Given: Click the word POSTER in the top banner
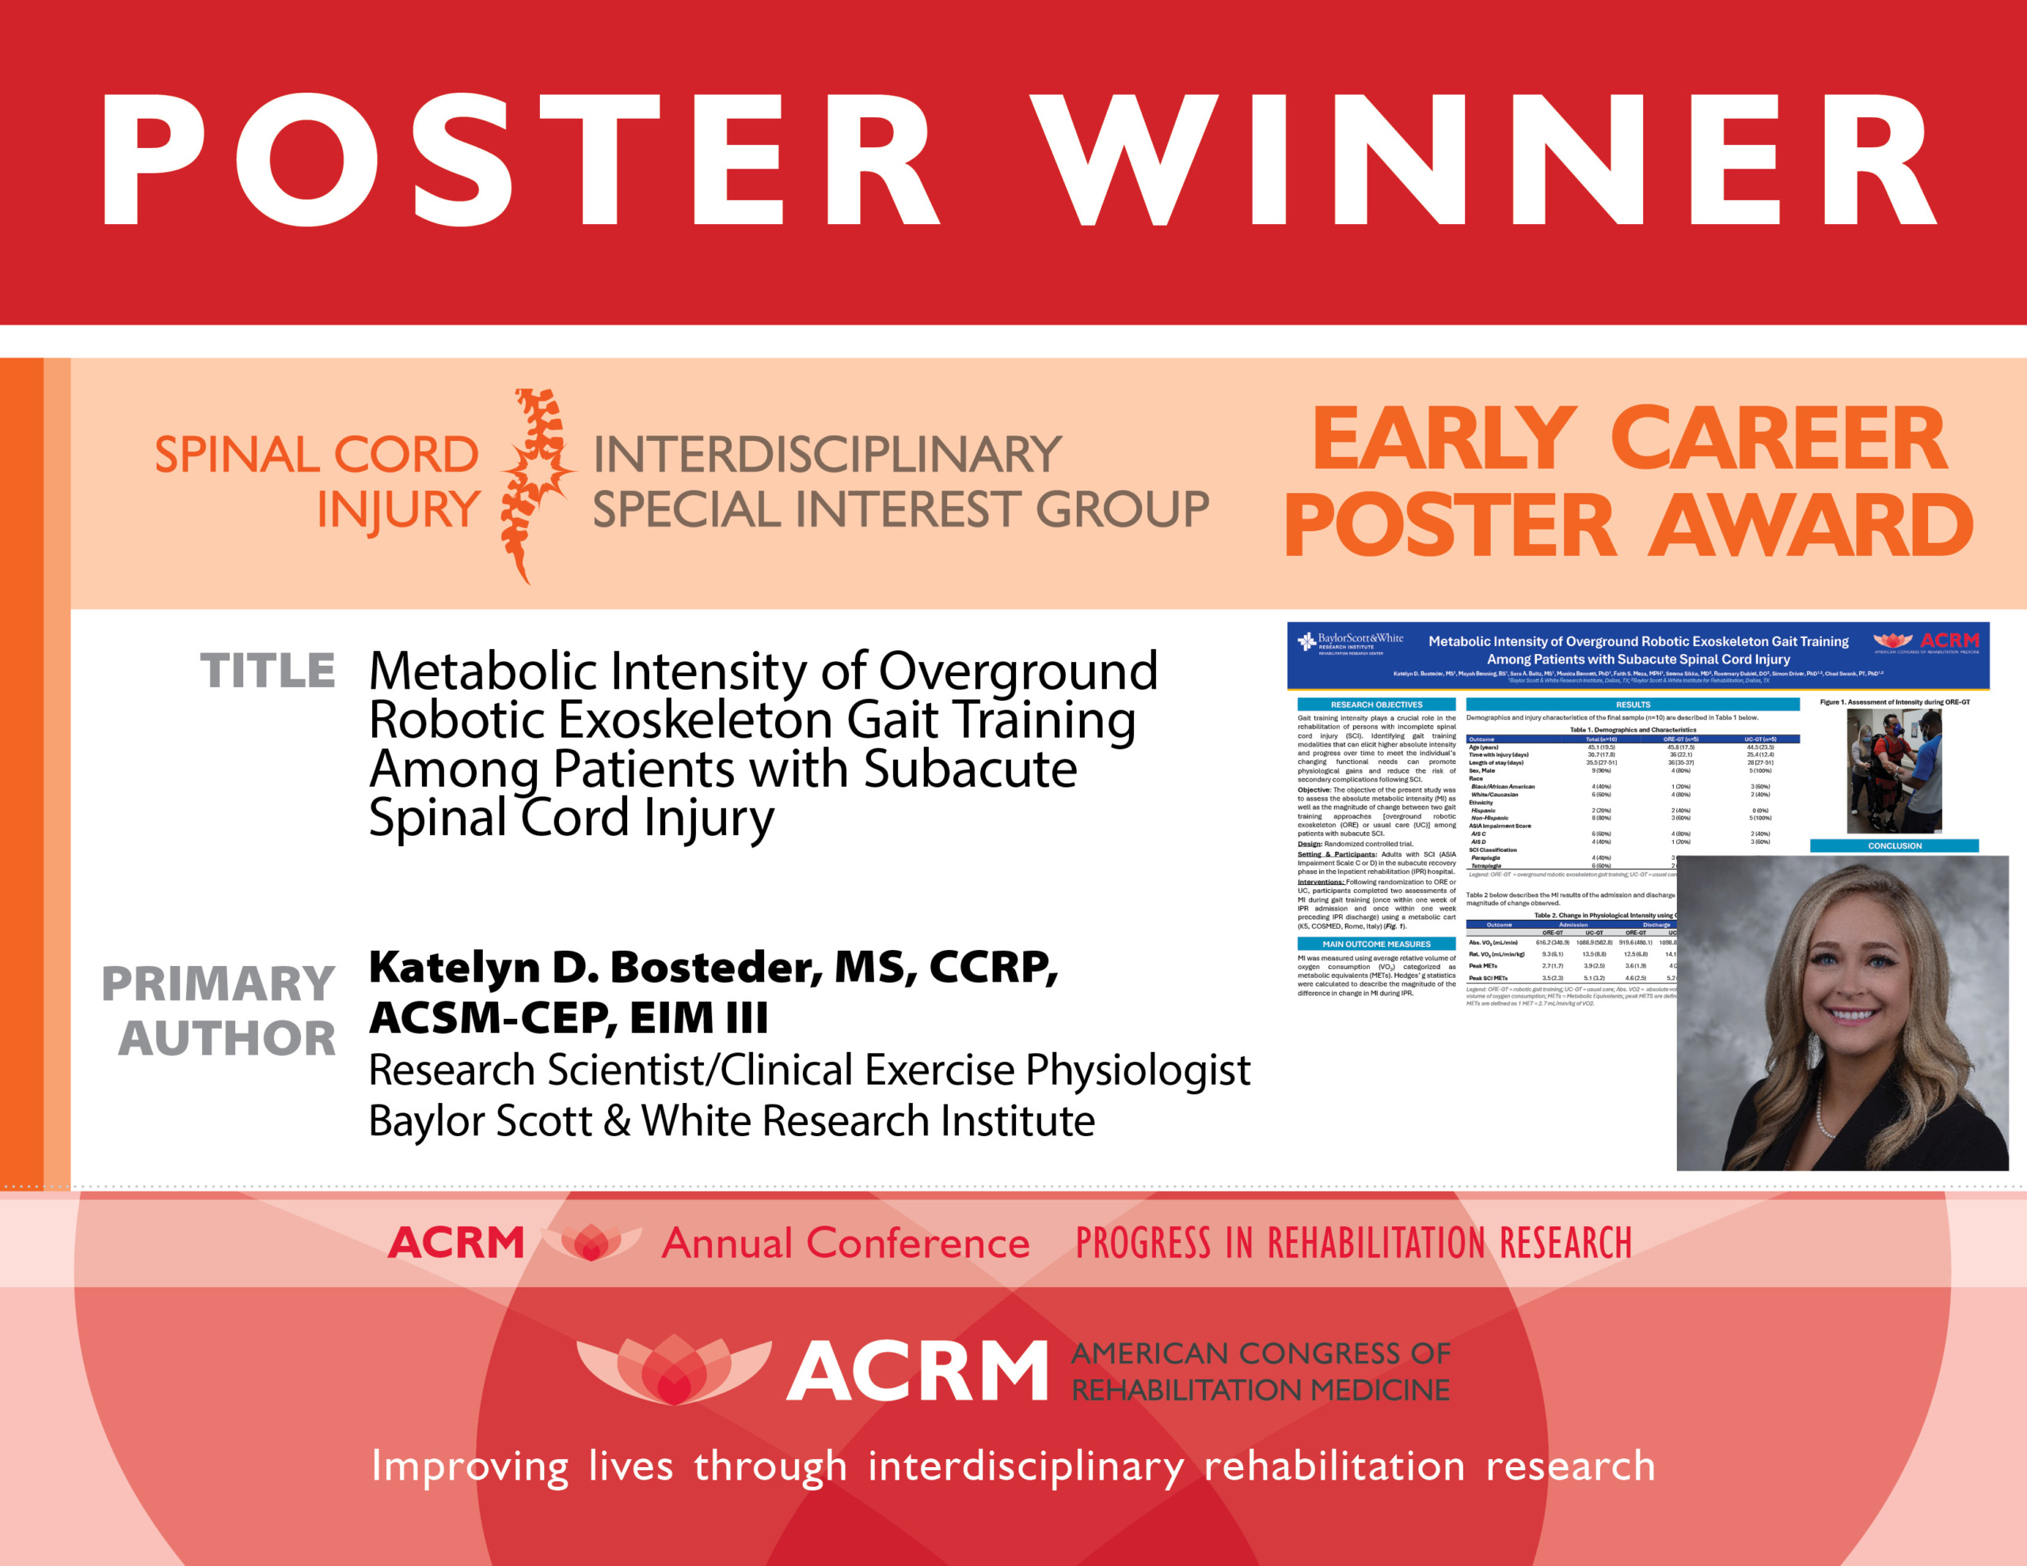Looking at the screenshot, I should pos(519,160).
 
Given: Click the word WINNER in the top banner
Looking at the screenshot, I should pos(1485,160).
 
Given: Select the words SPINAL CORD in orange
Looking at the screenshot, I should pos(316,455).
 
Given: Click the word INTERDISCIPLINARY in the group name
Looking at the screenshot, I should pos(826,455).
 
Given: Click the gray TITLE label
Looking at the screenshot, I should pos(268,671).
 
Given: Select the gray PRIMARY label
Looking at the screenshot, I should pos(217,983).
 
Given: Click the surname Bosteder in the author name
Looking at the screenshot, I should pos(715,967).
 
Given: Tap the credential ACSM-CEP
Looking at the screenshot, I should pos(492,1018).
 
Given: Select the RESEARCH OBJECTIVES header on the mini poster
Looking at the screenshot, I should pos(1375,705).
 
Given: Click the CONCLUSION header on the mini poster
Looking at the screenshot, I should pos(1894,846).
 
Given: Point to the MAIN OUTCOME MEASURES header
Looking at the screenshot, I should pos(1375,944).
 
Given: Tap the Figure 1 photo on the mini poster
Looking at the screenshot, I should pos(1893,770).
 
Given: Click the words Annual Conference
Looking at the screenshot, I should pos(845,1243).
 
